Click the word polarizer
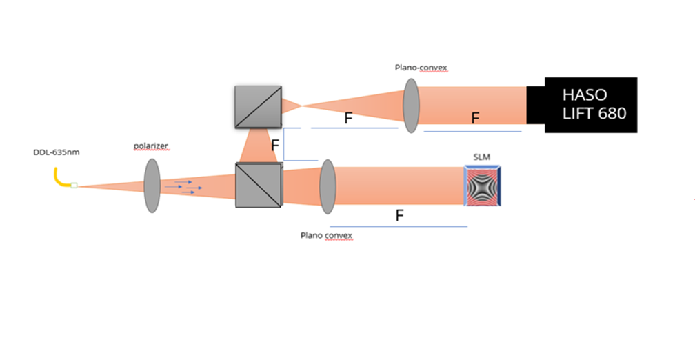[x=151, y=146]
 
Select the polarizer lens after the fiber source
[x=152, y=186]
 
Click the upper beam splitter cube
[x=258, y=106]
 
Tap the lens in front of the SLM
[x=327, y=184]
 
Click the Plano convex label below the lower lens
[x=326, y=235]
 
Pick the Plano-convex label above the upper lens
[x=421, y=68]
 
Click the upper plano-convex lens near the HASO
[x=411, y=106]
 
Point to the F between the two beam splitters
[x=274, y=146]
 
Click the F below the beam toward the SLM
[x=399, y=215]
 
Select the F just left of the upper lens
[x=348, y=118]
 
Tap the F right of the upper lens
[x=475, y=118]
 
